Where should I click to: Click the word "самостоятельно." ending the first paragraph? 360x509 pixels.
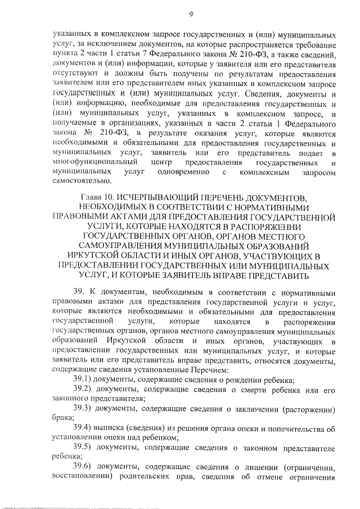coord(82,181)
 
